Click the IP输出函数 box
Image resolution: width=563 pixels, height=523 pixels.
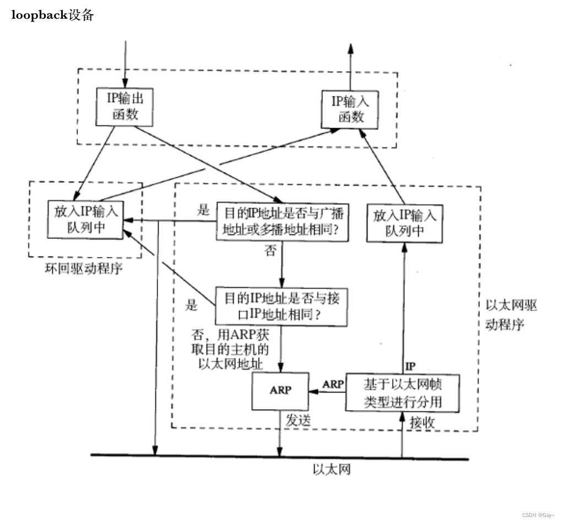[124, 106]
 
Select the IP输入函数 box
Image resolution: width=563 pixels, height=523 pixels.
[351, 108]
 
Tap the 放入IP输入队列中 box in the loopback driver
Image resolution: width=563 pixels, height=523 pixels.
[85, 220]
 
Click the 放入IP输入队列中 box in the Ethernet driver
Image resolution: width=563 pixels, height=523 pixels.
[404, 222]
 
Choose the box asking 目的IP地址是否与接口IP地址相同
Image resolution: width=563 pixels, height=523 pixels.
[282, 306]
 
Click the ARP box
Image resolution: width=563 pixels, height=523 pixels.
[280, 390]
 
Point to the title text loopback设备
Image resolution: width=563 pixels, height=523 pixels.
[53, 15]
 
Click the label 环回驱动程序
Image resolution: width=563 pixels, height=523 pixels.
[82, 269]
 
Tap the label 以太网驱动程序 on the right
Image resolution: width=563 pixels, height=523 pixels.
[510, 314]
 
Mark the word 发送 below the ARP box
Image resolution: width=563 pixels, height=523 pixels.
[299, 420]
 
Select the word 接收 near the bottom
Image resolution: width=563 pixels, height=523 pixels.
[423, 423]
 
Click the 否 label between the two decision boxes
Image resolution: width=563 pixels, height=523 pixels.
[270, 251]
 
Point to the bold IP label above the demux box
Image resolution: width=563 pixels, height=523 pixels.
[410, 366]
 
